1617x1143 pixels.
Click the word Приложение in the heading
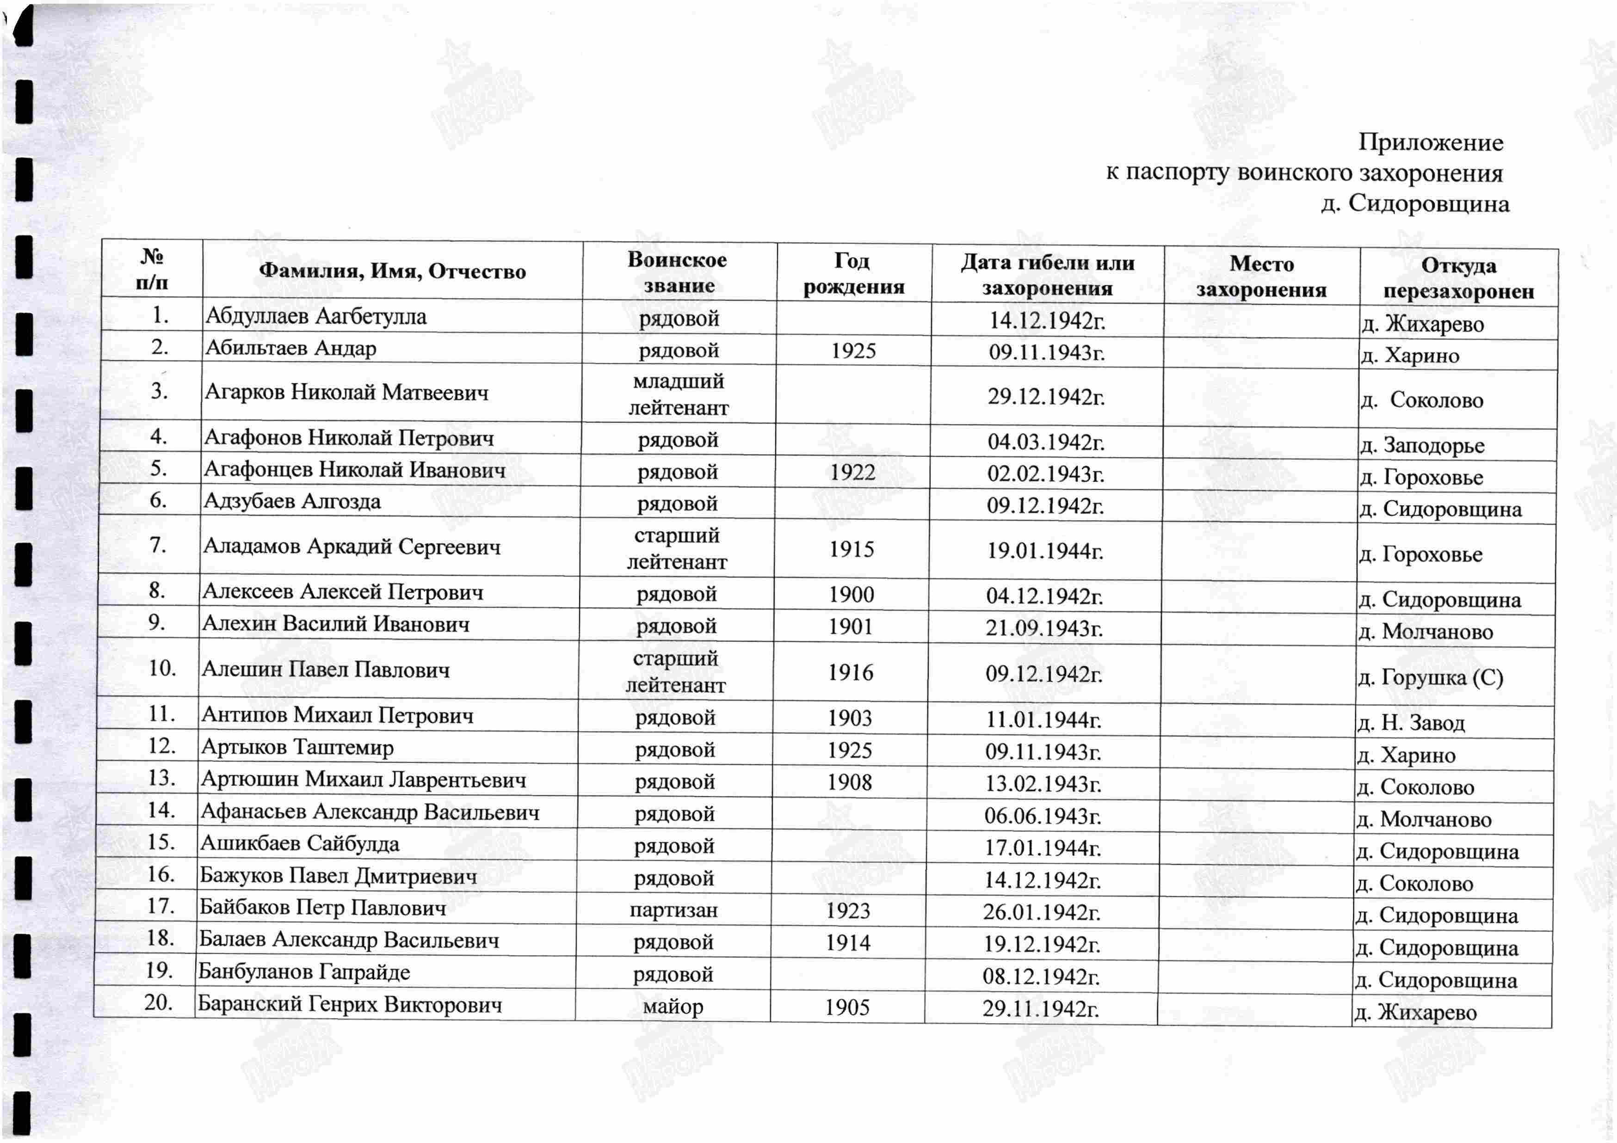click(x=1430, y=142)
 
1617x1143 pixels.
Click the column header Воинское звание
click(x=678, y=272)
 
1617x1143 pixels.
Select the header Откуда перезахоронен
click(x=1458, y=278)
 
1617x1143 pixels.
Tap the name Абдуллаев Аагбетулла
click(x=315, y=316)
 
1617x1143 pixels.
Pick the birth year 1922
click(x=852, y=472)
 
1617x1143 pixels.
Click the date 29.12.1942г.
click(x=1046, y=397)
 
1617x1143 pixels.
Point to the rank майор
click(x=673, y=1007)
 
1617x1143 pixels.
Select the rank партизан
click(x=673, y=910)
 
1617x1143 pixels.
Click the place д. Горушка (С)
click(x=1430, y=677)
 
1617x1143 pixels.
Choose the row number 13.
click(x=161, y=778)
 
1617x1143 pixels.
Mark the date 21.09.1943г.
click(x=1044, y=627)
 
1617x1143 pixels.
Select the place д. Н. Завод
click(x=1411, y=723)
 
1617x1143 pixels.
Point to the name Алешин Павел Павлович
click(x=325, y=669)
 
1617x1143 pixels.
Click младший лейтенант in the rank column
click(x=678, y=394)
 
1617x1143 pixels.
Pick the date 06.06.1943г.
click(x=1043, y=816)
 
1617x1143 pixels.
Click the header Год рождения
click(x=853, y=273)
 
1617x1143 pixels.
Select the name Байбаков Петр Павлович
click(x=322, y=907)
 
